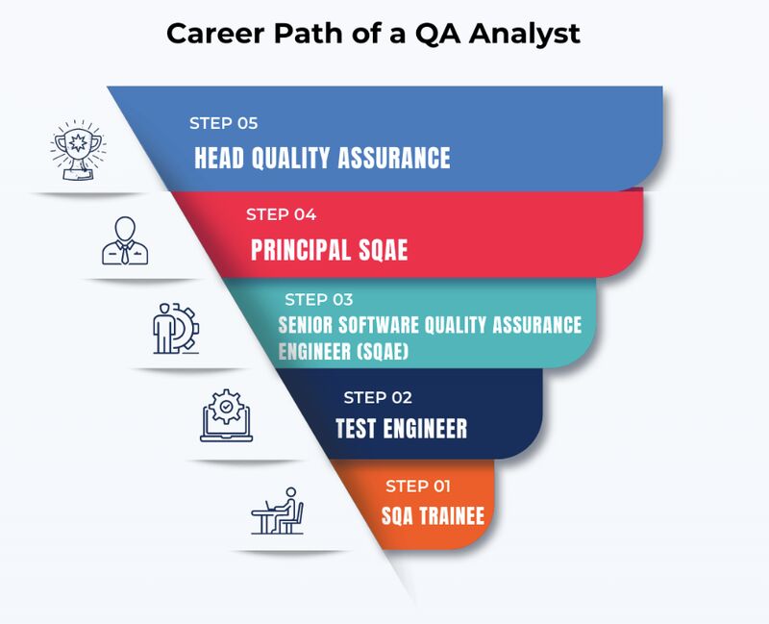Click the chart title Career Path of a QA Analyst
click(374, 34)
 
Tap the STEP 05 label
click(223, 123)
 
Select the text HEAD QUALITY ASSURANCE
click(322, 158)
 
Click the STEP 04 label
click(281, 214)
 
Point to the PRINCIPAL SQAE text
click(330, 251)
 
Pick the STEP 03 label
click(318, 300)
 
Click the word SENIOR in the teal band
click(307, 325)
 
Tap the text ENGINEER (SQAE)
click(343, 352)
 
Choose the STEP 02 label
click(378, 397)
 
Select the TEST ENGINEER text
click(401, 428)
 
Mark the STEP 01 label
click(418, 486)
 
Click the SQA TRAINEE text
click(433, 516)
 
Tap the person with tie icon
click(126, 240)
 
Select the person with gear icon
click(175, 330)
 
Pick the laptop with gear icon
click(227, 415)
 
